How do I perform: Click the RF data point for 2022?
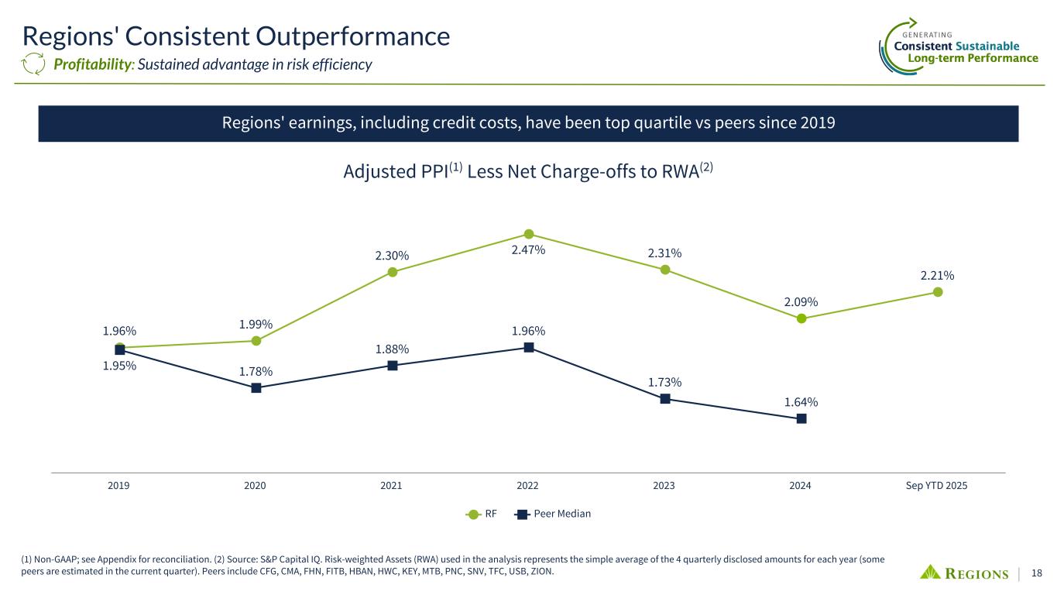pyautogui.click(x=529, y=233)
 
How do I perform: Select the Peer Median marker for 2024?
pyautogui.click(x=801, y=418)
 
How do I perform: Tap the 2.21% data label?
pyautogui.click(x=937, y=275)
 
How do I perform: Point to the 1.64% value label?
pyautogui.click(x=801, y=402)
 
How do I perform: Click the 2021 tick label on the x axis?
pyautogui.click(x=392, y=486)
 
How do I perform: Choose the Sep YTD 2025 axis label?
pyautogui.click(x=937, y=486)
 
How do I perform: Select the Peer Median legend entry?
pyautogui.click(x=553, y=514)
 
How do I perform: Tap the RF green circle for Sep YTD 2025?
pyautogui.click(x=938, y=292)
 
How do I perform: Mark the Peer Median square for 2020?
pyautogui.click(x=256, y=388)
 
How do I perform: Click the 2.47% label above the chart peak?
pyautogui.click(x=529, y=250)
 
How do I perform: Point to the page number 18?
pyautogui.click(x=1038, y=573)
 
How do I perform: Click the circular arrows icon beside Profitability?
pyautogui.click(x=35, y=64)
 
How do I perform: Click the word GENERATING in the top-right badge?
pyautogui.click(x=928, y=35)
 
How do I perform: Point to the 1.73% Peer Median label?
pyautogui.click(x=665, y=382)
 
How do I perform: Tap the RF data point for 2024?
pyautogui.click(x=801, y=318)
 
